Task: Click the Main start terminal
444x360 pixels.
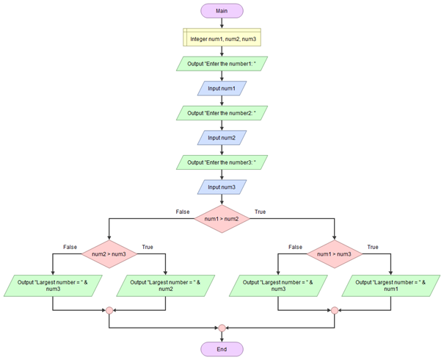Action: click(x=222, y=12)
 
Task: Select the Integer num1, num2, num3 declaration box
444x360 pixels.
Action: click(x=222, y=37)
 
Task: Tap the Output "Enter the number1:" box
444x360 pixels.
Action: click(x=222, y=64)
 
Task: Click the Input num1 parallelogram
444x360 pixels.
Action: click(x=222, y=89)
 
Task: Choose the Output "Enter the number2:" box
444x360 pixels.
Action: click(x=222, y=113)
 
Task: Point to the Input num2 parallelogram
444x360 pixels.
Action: click(x=222, y=137)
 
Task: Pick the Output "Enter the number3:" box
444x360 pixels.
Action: click(x=222, y=162)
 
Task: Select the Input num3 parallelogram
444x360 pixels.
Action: click(x=222, y=187)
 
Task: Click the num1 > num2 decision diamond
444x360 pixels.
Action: click(x=222, y=218)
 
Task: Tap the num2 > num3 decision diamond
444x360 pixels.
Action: click(x=109, y=254)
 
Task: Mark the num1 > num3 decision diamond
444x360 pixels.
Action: click(x=334, y=254)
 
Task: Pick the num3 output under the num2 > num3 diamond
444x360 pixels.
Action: click(x=53, y=285)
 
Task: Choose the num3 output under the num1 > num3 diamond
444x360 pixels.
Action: click(x=277, y=285)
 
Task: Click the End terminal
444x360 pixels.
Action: click(x=222, y=349)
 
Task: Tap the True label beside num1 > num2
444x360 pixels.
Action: click(x=260, y=212)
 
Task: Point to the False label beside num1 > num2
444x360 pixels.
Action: click(x=183, y=212)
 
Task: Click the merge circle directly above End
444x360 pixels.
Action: click(x=222, y=327)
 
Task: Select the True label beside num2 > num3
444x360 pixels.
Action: click(x=148, y=248)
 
